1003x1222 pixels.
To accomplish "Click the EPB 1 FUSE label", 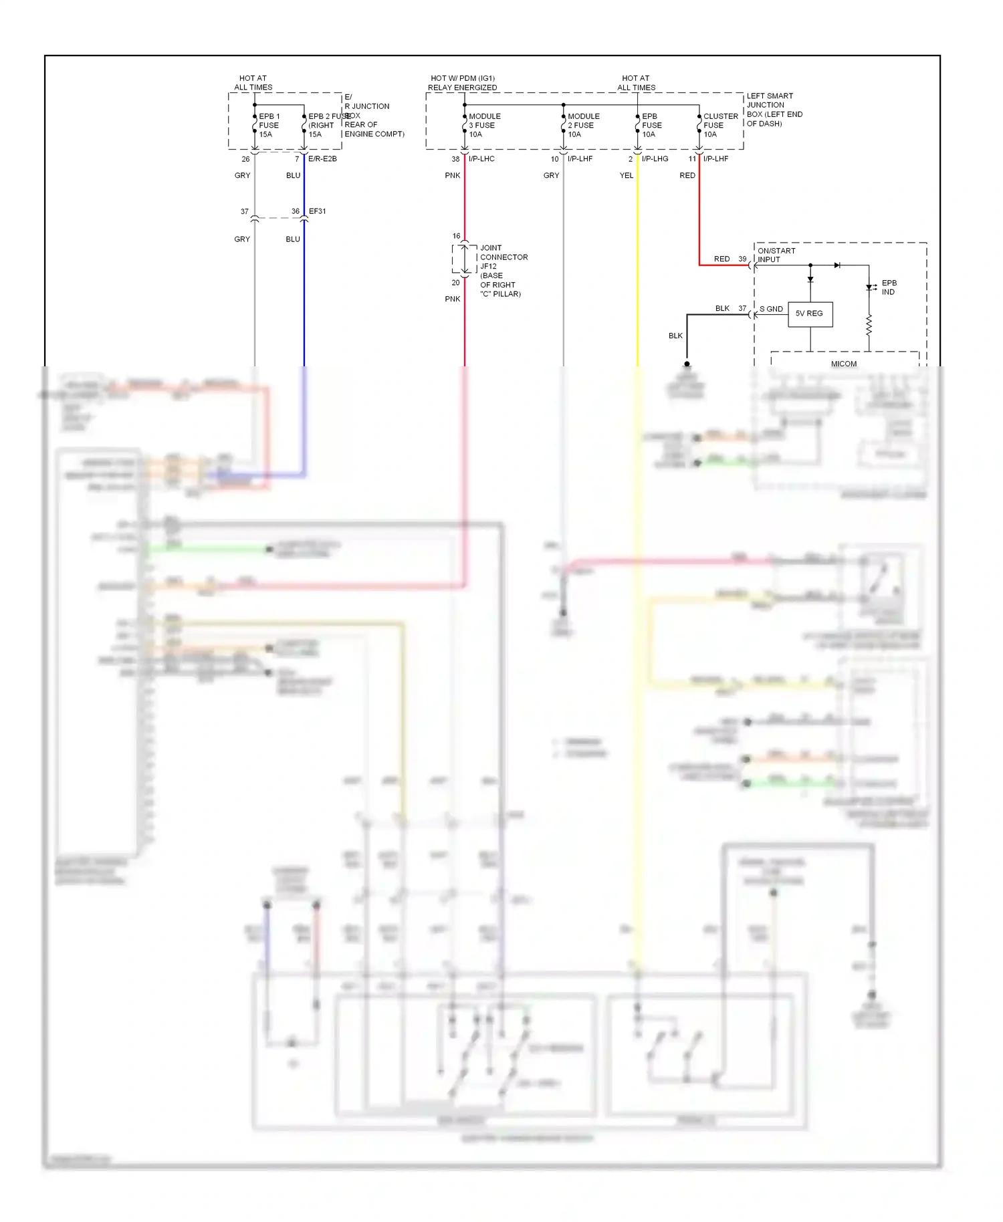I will click(269, 125).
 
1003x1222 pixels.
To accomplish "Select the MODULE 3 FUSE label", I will click(484, 125).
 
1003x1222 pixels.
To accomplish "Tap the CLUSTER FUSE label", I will click(720, 125).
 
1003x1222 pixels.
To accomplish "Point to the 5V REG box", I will click(810, 314).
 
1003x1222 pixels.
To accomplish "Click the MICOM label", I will click(843, 364).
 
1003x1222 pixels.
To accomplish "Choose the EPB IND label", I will click(889, 287).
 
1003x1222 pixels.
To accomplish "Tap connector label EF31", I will click(317, 211).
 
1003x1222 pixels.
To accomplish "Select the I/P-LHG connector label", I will click(655, 159).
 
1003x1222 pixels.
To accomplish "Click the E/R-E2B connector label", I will click(322, 159).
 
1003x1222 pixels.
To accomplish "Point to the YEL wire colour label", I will click(626, 176).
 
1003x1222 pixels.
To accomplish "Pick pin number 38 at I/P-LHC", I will click(455, 159).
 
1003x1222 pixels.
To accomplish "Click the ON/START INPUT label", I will click(776, 255).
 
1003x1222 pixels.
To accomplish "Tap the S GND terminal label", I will click(771, 309).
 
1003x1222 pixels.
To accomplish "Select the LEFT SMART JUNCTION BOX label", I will click(774, 110).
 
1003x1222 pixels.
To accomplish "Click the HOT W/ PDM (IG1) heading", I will click(462, 78).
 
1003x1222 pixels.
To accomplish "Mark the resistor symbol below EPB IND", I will click(869, 326).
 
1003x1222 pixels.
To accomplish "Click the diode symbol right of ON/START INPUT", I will click(837, 265).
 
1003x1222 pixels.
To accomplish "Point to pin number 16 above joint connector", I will click(456, 236).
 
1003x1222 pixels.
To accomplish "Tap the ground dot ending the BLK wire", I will click(687, 364).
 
